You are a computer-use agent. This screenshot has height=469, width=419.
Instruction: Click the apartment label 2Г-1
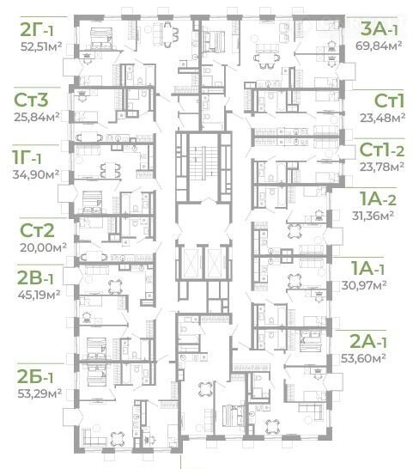click(37, 29)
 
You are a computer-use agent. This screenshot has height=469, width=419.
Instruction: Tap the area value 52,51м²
click(41, 46)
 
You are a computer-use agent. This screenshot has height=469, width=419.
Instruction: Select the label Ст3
click(31, 100)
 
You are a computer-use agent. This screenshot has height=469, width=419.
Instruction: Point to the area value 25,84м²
click(36, 116)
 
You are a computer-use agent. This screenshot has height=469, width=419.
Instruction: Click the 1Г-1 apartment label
click(27, 157)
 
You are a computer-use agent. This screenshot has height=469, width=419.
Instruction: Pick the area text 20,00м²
click(43, 247)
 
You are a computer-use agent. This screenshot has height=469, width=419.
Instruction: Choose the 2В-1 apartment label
click(35, 277)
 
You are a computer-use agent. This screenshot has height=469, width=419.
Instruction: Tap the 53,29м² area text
click(39, 393)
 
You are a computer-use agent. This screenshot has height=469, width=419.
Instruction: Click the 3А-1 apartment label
click(380, 29)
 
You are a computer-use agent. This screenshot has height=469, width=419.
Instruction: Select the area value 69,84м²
click(379, 46)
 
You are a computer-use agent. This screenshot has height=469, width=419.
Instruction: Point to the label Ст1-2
click(382, 149)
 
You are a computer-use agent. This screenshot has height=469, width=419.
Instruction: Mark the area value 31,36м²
click(373, 216)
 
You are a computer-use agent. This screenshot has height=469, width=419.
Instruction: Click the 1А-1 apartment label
click(367, 268)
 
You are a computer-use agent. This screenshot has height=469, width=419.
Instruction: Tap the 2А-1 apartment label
click(367, 341)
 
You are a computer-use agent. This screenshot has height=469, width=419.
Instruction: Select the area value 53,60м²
click(363, 357)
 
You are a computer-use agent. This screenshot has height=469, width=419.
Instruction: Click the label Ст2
click(37, 230)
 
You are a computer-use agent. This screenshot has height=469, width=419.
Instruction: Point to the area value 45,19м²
click(39, 295)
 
